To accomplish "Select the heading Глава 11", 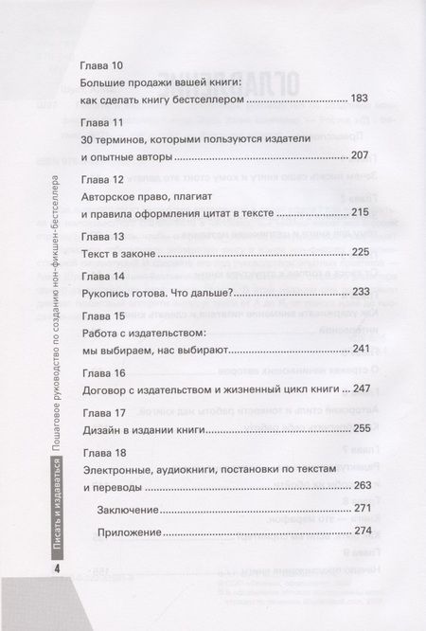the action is (x=103, y=125).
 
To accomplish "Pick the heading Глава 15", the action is (x=103, y=316).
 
